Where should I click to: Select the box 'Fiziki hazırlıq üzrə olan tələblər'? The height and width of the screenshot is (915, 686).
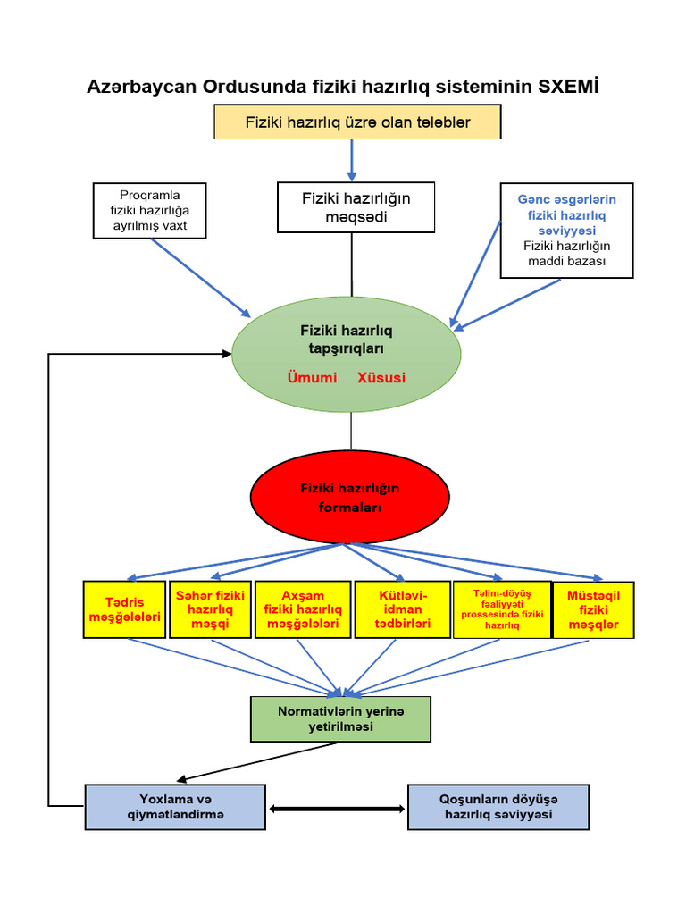click(x=357, y=122)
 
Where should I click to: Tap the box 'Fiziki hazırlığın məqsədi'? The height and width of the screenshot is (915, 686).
click(x=356, y=207)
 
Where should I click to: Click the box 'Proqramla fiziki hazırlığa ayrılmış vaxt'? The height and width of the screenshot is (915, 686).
click(x=150, y=211)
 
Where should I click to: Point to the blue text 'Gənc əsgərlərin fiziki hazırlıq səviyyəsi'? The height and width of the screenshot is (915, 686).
click(x=566, y=214)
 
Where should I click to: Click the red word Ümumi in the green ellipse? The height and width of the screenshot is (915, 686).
click(x=312, y=377)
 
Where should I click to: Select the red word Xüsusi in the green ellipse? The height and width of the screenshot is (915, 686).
click(x=381, y=377)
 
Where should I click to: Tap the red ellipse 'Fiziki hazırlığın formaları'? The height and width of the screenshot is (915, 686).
click(x=350, y=498)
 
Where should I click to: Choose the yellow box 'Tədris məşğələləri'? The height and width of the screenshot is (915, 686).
click(x=124, y=609)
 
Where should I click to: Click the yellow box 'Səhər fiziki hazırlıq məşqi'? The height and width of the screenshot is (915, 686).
click(x=210, y=609)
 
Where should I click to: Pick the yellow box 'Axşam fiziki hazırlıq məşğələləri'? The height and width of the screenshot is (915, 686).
click(x=303, y=609)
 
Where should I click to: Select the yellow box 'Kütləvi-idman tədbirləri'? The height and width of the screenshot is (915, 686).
click(x=403, y=609)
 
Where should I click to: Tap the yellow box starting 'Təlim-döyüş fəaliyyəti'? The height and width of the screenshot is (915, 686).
click(x=501, y=609)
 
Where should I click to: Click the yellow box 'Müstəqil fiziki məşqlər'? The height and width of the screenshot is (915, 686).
click(x=593, y=609)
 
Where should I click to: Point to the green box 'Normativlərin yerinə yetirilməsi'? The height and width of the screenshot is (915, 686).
click(x=340, y=719)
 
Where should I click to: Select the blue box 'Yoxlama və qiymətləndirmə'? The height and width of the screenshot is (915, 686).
click(x=175, y=807)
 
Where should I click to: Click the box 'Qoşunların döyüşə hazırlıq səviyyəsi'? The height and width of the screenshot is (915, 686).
click(x=498, y=807)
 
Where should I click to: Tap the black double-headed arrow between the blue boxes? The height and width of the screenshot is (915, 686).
click(x=337, y=809)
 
